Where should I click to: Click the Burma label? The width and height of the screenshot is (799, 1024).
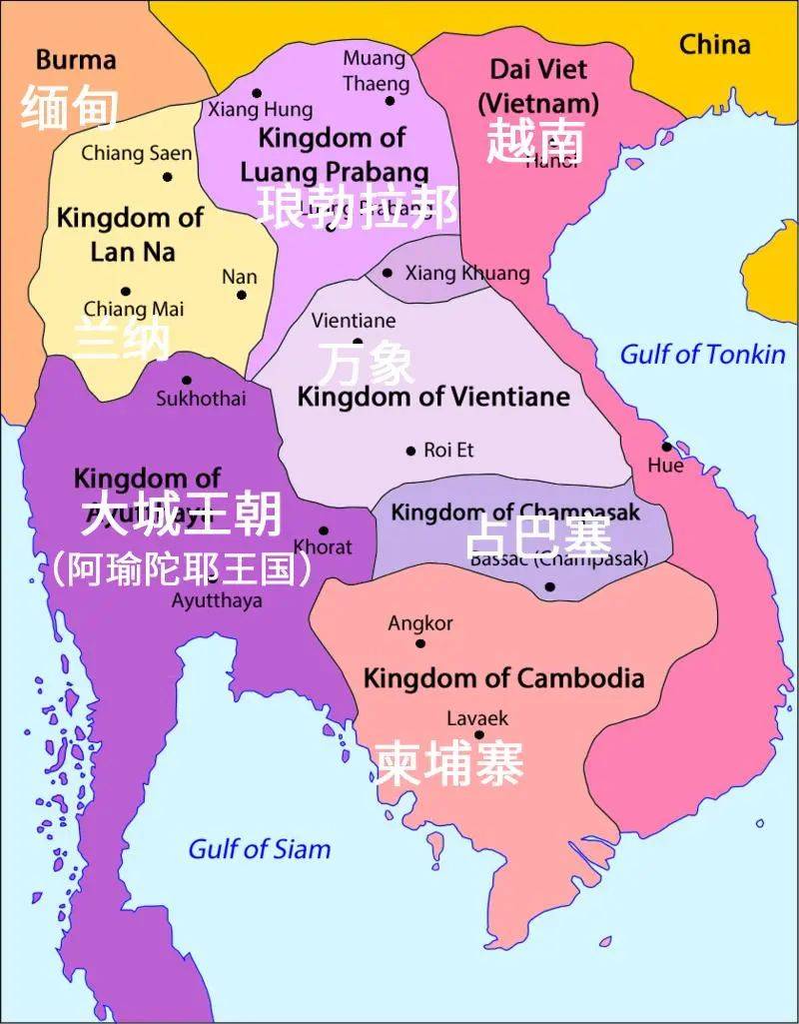click(76, 60)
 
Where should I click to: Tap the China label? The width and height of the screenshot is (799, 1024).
click(714, 44)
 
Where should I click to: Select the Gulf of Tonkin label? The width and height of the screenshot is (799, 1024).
click(702, 354)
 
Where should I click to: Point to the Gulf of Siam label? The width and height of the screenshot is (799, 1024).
click(259, 849)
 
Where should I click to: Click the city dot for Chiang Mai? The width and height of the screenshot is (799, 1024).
click(125, 291)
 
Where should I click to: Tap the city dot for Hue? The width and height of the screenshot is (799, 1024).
click(666, 446)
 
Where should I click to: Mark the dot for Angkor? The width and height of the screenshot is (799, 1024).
click(420, 643)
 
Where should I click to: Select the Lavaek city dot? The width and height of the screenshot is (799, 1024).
click(479, 735)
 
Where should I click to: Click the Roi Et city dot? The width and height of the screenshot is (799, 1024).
click(410, 452)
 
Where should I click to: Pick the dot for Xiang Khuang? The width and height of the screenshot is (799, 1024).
click(388, 273)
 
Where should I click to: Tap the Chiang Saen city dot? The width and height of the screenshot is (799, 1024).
click(168, 177)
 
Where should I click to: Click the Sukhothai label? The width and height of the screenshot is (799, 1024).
click(200, 399)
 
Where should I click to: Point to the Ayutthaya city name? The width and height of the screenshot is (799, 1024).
click(217, 600)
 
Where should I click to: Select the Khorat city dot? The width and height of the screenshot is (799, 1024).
click(324, 531)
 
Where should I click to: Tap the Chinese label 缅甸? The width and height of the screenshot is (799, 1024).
click(69, 108)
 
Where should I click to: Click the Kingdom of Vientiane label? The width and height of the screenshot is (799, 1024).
click(433, 397)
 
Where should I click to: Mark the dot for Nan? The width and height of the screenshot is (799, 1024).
click(241, 295)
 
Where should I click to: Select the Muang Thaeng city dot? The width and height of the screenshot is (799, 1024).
click(390, 100)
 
